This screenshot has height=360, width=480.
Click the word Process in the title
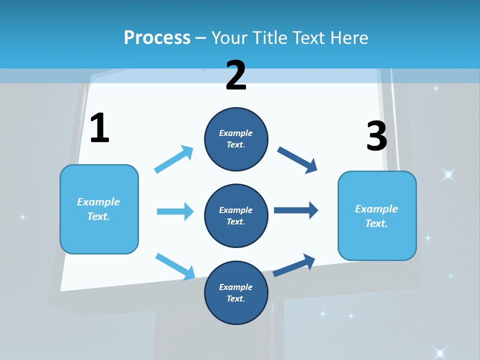157,37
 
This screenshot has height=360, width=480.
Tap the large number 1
99,128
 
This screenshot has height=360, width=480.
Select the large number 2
236,75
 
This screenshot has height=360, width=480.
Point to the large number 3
376,136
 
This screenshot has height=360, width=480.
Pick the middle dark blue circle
236,215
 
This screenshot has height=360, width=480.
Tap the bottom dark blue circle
236,292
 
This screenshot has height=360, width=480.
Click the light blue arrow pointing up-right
174,159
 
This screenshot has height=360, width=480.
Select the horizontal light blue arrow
175,211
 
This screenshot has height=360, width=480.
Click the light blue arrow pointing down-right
175,266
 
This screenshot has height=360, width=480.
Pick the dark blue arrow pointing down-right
297,160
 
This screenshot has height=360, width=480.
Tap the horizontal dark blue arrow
296,210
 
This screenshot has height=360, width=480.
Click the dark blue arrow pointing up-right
294,265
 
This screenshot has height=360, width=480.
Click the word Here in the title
350,37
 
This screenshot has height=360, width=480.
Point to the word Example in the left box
98,202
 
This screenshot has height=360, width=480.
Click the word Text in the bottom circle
235,298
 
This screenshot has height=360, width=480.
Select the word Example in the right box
376,209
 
